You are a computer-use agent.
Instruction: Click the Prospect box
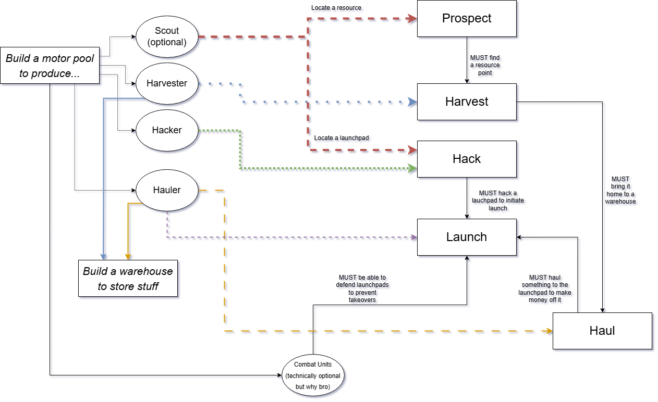tap(467, 18)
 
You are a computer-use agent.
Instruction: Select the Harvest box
tap(467, 102)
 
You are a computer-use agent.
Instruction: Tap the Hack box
tap(467, 159)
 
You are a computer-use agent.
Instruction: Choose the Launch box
tap(467, 237)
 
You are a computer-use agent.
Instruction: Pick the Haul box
tap(602, 331)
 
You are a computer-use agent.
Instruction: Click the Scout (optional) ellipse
tap(167, 36)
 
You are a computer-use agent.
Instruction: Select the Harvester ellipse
tap(167, 83)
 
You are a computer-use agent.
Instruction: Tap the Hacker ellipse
tap(167, 130)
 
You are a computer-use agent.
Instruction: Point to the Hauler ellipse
tap(167, 190)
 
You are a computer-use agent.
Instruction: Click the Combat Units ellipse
tap(313, 375)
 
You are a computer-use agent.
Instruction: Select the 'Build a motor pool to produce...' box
tap(50, 66)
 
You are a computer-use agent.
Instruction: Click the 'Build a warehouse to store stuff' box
tap(128, 278)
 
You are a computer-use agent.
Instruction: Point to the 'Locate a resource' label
tap(336, 8)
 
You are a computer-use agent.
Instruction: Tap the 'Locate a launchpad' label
tap(342, 138)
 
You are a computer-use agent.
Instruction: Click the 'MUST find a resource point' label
tap(485, 65)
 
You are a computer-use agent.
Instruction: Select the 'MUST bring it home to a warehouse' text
tap(620, 190)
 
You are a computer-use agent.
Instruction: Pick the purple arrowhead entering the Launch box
tap(413, 237)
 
